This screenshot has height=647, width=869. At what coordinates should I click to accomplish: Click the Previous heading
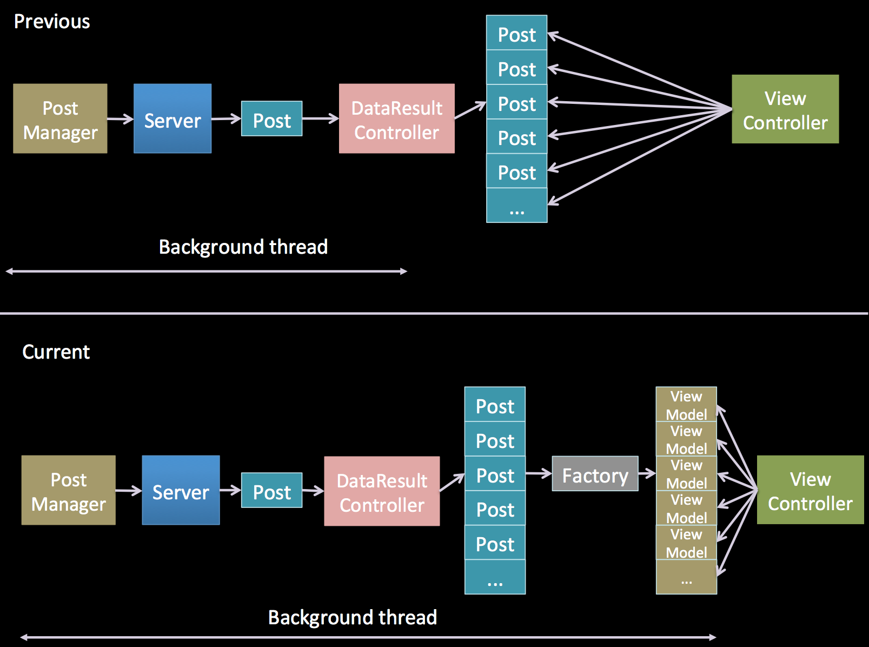52,22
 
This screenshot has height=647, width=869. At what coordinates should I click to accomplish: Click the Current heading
56,352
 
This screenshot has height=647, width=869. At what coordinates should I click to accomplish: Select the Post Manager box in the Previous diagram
60,118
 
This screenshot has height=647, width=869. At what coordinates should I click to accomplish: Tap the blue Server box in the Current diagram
181,490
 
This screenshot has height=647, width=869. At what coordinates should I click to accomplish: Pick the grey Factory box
595,474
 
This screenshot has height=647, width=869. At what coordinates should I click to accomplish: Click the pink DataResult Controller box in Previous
396,118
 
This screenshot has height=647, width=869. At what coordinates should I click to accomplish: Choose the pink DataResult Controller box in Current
382,491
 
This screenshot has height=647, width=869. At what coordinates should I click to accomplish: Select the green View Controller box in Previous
785,109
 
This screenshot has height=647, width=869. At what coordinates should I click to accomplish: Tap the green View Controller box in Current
810,490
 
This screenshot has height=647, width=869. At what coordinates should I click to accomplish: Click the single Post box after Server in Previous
271,118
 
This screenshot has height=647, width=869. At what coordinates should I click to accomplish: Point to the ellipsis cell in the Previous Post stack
517,206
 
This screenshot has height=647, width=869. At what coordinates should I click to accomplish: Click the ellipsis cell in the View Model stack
686,577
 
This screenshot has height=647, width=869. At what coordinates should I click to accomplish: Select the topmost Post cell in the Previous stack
517,33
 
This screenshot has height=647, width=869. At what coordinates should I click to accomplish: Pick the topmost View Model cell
686,404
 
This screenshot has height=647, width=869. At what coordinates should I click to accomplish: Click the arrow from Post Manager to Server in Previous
120,118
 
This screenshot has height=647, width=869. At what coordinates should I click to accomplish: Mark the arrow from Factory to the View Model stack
647,474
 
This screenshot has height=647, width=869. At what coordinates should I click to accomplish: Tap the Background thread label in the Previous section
243,247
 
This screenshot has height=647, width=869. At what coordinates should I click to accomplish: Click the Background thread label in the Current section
353,617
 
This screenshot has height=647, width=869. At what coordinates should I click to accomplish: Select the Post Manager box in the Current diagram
68,490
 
